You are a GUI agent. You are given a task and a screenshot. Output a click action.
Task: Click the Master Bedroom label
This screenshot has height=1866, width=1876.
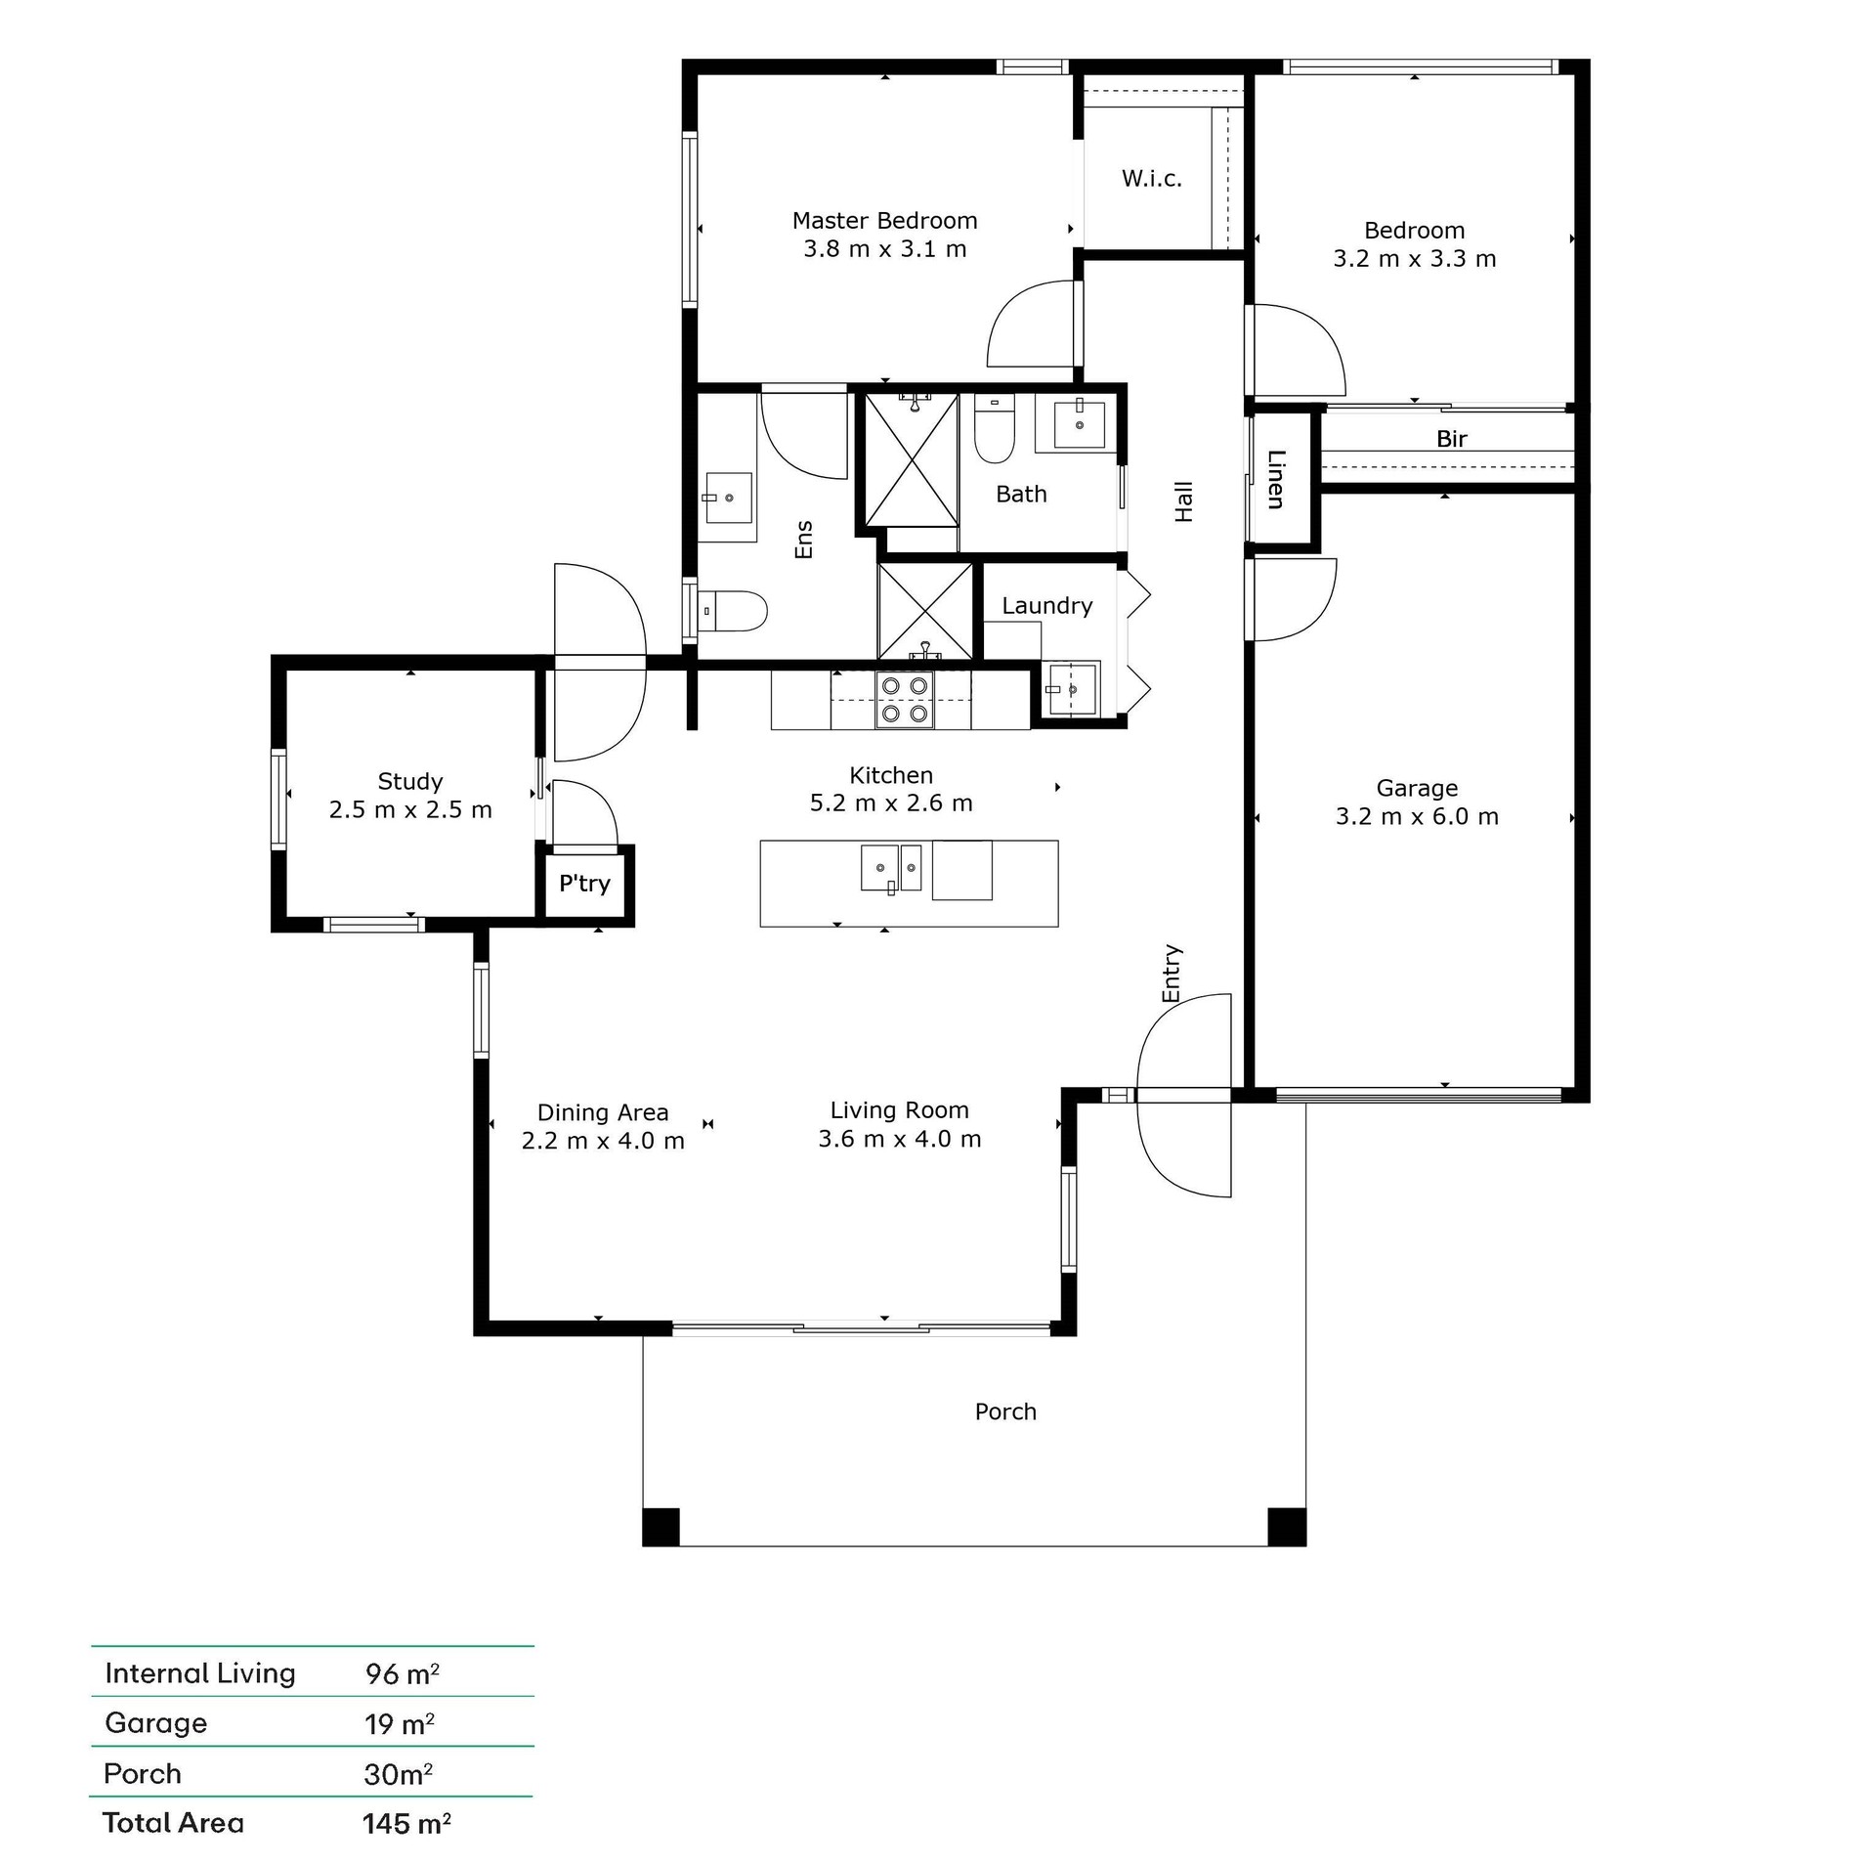coord(884,221)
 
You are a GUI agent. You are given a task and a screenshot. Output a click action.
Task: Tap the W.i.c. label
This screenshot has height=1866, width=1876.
coord(1152,179)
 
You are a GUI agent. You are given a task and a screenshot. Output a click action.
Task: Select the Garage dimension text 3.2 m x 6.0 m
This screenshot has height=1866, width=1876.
coord(1417,817)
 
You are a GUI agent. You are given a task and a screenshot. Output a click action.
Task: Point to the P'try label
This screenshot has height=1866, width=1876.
coord(584,884)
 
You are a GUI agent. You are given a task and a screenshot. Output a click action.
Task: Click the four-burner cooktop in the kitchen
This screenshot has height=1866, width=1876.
coord(905,700)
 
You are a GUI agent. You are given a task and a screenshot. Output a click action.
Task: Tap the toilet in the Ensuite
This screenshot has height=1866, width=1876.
coord(732,611)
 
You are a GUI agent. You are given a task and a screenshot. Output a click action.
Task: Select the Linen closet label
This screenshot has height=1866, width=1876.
coord(1275,479)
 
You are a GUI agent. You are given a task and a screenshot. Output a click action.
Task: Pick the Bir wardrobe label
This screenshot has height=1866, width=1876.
coord(1452,440)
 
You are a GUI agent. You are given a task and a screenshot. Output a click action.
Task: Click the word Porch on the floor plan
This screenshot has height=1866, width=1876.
coord(1005,1411)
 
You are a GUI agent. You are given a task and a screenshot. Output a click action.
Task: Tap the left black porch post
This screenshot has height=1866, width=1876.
coord(661,1527)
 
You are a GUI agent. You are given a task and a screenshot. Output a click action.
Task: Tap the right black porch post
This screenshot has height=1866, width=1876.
coord(1287,1527)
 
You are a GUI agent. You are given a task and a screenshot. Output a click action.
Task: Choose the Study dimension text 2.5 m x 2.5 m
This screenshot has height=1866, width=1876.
coord(410,810)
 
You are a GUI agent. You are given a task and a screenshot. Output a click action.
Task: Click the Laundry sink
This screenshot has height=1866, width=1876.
coord(1071,690)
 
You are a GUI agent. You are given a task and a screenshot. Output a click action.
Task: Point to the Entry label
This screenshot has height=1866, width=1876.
coord(1172,974)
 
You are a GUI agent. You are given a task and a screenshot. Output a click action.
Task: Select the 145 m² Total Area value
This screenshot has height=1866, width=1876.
coord(406,1824)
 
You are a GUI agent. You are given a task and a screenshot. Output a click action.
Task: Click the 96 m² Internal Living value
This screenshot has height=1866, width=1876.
coord(403,1674)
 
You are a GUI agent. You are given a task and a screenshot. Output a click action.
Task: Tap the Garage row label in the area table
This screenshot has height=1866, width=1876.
coord(156,1723)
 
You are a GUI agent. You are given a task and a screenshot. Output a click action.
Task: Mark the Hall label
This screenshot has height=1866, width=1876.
coord(1184,501)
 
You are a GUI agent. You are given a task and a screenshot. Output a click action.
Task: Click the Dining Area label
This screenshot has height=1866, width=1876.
coord(603,1112)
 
